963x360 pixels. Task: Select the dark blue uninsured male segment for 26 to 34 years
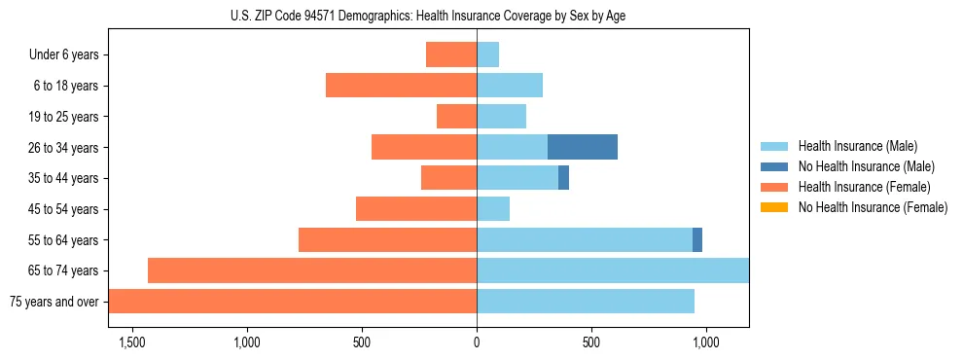click(x=582, y=147)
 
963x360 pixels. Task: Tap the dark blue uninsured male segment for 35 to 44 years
click(x=563, y=178)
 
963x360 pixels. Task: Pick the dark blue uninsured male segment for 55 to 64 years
click(x=697, y=239)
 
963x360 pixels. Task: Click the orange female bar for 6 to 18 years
click(x=401, y=86)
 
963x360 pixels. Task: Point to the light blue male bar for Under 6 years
click(x=487, y=54)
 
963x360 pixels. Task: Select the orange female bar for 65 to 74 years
click(x=312, y=270)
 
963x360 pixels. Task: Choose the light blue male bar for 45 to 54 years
click(x=493, y=209)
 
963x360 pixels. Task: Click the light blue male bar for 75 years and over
click(x=586, y=302)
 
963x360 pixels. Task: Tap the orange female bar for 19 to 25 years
click(x=456, y=117)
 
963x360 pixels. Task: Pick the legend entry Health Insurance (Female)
click(x=864, y=187)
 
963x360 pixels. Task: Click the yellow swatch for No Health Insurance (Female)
click(x=774, y=207)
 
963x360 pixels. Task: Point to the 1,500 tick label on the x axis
click(x=131, y=342)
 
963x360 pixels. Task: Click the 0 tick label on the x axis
click(x=477, y=342)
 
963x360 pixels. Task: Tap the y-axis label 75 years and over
click(x=53, y=302)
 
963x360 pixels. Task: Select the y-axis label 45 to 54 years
click(x=64, y=209)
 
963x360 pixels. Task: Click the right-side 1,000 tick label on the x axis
click(x=705, y=342)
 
